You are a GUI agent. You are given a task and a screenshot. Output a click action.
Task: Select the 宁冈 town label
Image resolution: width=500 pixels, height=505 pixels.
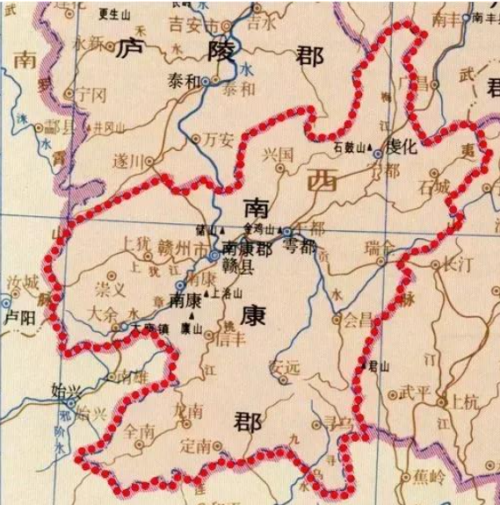click(91, 92)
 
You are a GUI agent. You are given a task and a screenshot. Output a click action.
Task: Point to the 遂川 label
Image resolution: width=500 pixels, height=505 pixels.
click(127, 162)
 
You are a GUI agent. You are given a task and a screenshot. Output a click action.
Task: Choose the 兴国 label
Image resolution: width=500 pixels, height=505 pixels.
click(279, 155)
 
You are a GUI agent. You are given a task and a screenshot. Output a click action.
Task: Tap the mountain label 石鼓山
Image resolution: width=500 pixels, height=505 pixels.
click(349, 145)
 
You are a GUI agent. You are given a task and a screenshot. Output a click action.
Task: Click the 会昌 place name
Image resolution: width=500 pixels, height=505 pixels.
click(358, 321)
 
